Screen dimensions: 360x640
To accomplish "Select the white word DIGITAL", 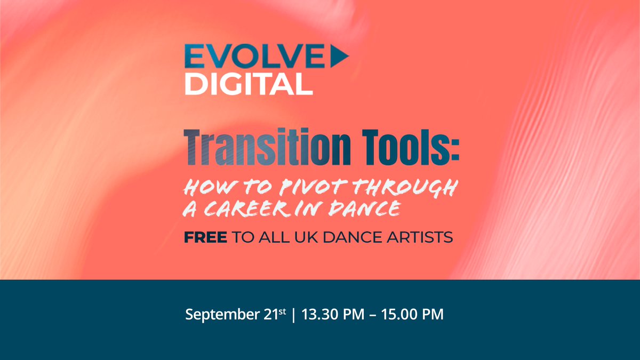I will [248, 83].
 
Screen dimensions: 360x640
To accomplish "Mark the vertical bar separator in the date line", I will [293, 315].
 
